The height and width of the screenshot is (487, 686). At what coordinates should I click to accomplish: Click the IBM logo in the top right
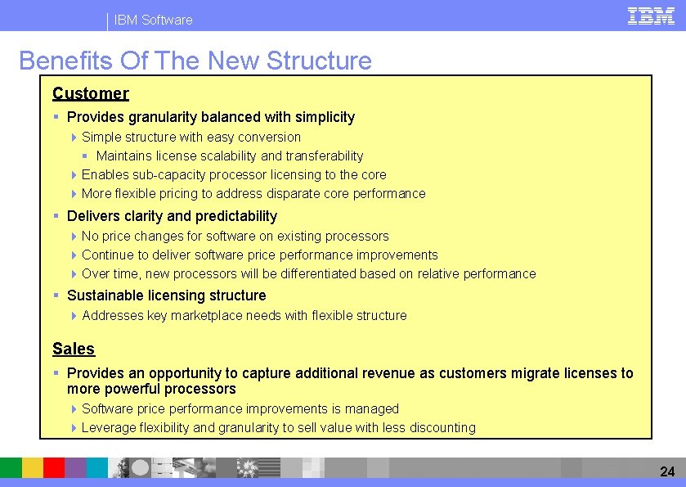[651, 16]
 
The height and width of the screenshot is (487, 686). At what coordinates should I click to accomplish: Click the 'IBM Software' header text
[154, 20]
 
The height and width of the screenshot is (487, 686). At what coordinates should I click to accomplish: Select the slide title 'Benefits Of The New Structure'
[195, 61]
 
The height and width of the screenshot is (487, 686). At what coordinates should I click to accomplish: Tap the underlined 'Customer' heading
[91, 93]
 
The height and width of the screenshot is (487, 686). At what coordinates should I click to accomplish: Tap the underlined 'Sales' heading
[74, 349]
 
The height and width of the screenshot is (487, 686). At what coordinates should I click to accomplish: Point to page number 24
[667, 471]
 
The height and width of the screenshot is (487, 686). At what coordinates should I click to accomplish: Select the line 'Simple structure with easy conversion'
[191, 137]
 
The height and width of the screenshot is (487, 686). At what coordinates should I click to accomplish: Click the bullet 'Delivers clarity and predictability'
[172, 216]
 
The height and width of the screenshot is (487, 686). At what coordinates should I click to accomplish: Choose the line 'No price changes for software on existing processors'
[235, 236]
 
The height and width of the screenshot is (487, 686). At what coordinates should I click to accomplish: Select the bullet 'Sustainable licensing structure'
[166, 295]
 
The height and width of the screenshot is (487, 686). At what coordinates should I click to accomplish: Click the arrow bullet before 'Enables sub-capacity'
[74, 174]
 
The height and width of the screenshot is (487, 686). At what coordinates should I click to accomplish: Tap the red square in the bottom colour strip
[54, 467]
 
